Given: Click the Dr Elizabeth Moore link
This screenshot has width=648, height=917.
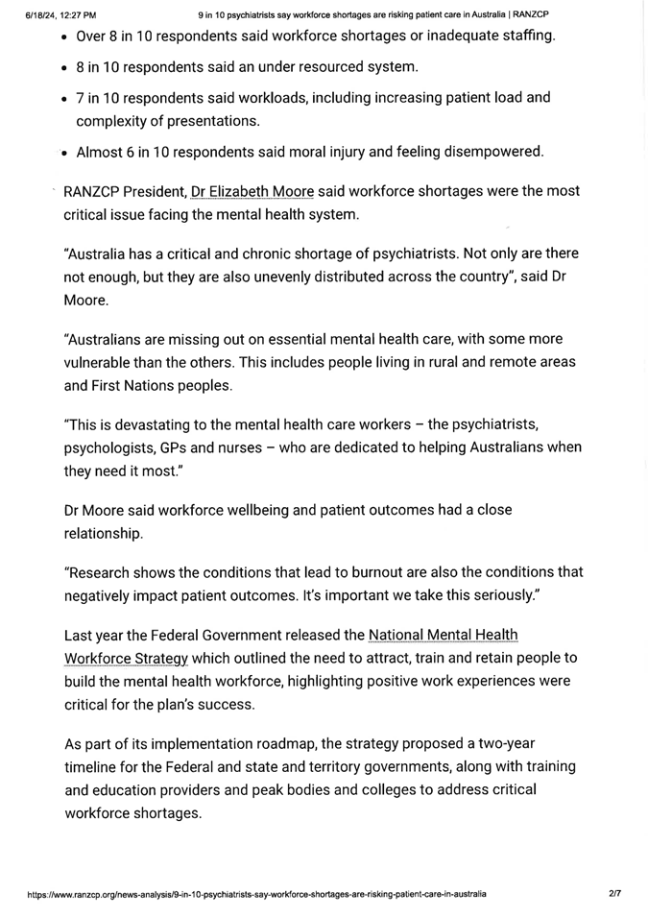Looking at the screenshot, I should pyautogui.click(x=252, y=191).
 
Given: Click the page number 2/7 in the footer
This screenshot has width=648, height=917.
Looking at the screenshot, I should pyautogui.click(x=614, y=893).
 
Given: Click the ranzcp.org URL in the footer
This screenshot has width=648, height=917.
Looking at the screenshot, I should pyautogui.click(x=257, y=894).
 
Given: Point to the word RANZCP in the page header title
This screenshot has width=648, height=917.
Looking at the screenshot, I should pyautogui.click(x=529, y=14).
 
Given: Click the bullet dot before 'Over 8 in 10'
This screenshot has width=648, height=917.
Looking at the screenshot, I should pyautogui.click(x=63, y=37).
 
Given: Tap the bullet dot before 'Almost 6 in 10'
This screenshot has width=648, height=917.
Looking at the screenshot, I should pyautogui.click(x=63, y=153).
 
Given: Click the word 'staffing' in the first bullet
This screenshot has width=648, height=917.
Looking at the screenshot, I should pyautogui.click(x=523, y=36).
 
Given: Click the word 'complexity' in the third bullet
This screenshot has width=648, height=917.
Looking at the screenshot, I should pyautogui.click(x=113, y=121).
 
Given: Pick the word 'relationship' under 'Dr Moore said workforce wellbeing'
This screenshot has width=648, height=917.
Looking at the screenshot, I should pyautogui.click(x=103, y=533).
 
